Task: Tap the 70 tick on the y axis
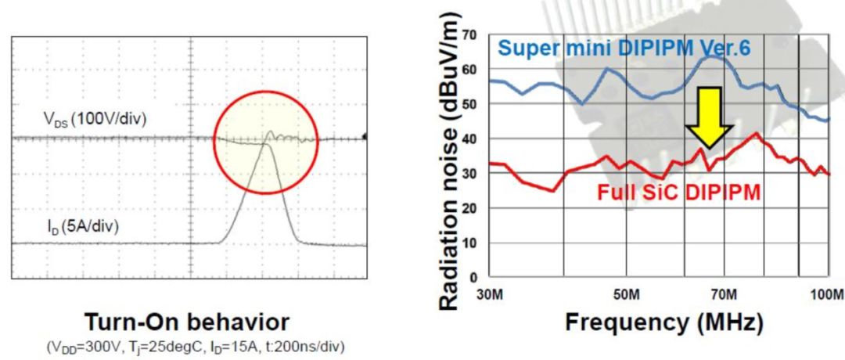click(469, 35)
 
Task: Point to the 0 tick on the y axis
click(474, 277)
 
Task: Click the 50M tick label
click(627, 294)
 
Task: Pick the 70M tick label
click(724, 294)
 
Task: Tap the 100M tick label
click(826, 294)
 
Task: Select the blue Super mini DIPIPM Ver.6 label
click(625, 49)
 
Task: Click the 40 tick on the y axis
click(469, 139)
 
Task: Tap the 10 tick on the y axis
click(469, 243)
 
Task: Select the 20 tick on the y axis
click(469, 208)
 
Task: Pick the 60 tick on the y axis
click(469, 70)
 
